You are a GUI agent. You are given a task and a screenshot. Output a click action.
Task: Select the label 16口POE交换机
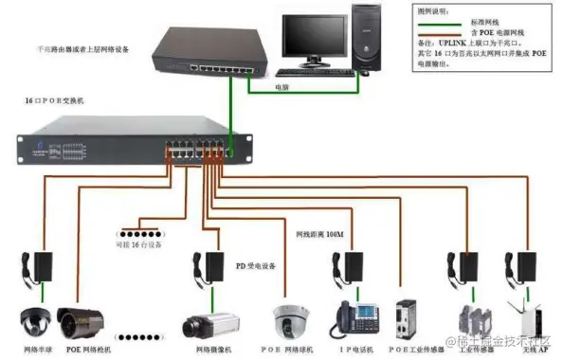click(56, 99)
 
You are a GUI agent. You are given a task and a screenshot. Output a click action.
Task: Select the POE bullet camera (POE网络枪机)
click(80, 323)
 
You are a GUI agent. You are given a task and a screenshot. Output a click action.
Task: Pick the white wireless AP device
click(523, 319)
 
